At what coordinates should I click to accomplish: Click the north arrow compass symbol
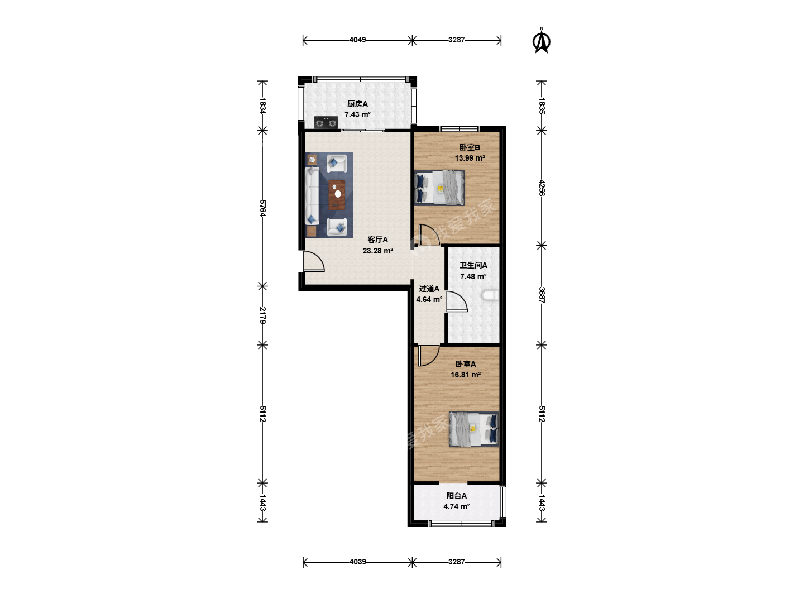tap(542, 41)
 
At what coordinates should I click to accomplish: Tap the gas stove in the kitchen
tap(326, 123)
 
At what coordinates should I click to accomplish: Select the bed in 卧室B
tap(439, 188)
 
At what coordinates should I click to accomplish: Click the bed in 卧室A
tap(474, 429)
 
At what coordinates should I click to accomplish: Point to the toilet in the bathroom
tap(490, 295)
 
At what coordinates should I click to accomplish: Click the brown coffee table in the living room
tap(337, 195)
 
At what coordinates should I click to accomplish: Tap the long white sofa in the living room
tap(312, 196)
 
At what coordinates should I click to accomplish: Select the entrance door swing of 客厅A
tap(314, 261)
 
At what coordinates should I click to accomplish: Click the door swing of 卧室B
tap(429, 234)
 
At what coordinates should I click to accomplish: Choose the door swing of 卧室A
tap(429, 356)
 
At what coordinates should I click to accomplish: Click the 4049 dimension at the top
tap(357, 40)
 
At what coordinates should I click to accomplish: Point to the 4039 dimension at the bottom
tap(357, 562)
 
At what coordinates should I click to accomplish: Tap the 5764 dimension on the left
tap(262, 208)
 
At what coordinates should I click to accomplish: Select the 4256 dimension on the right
tap(542, 188)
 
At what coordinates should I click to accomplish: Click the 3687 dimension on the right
tap(542, 295)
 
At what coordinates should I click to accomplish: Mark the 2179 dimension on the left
tap(262, 315)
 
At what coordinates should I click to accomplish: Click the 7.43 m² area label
tap(357, 114)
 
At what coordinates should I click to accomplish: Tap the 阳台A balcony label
tap(456, 496)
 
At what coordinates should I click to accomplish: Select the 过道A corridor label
tap(429, 289)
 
